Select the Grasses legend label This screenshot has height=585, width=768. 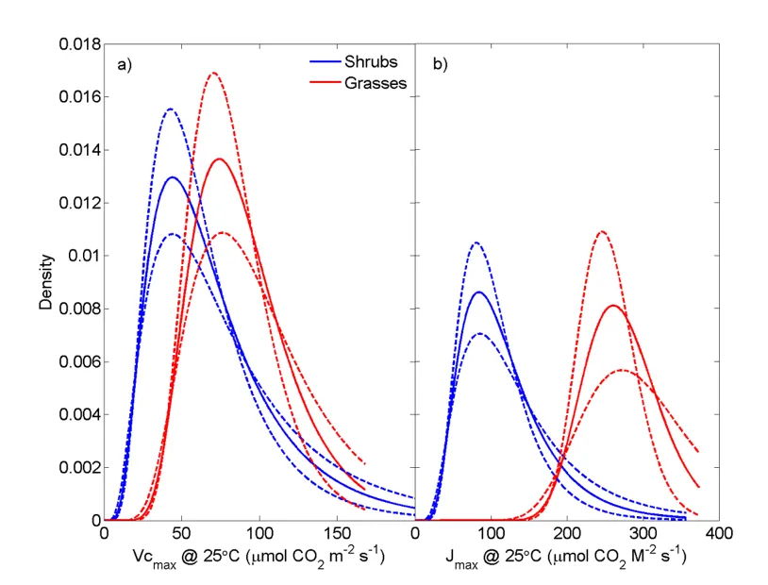pyautogui.click(x=376, y=83)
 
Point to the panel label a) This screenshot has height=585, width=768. pyautogui.click(x=123, y=65)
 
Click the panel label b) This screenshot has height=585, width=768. pyautogui.click(x=440, y=65)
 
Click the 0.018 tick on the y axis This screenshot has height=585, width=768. pyautogui.click(x=78, y=44)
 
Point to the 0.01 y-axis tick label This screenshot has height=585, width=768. pyautogui.click(x=83, y=256)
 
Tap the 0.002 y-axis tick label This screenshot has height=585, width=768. pyautogui.click(x=78, y=467)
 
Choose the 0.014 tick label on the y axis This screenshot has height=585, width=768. pyautogui.click(x=78, y=150)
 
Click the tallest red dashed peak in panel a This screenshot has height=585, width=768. pyautogui.click(x=213, y=73)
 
